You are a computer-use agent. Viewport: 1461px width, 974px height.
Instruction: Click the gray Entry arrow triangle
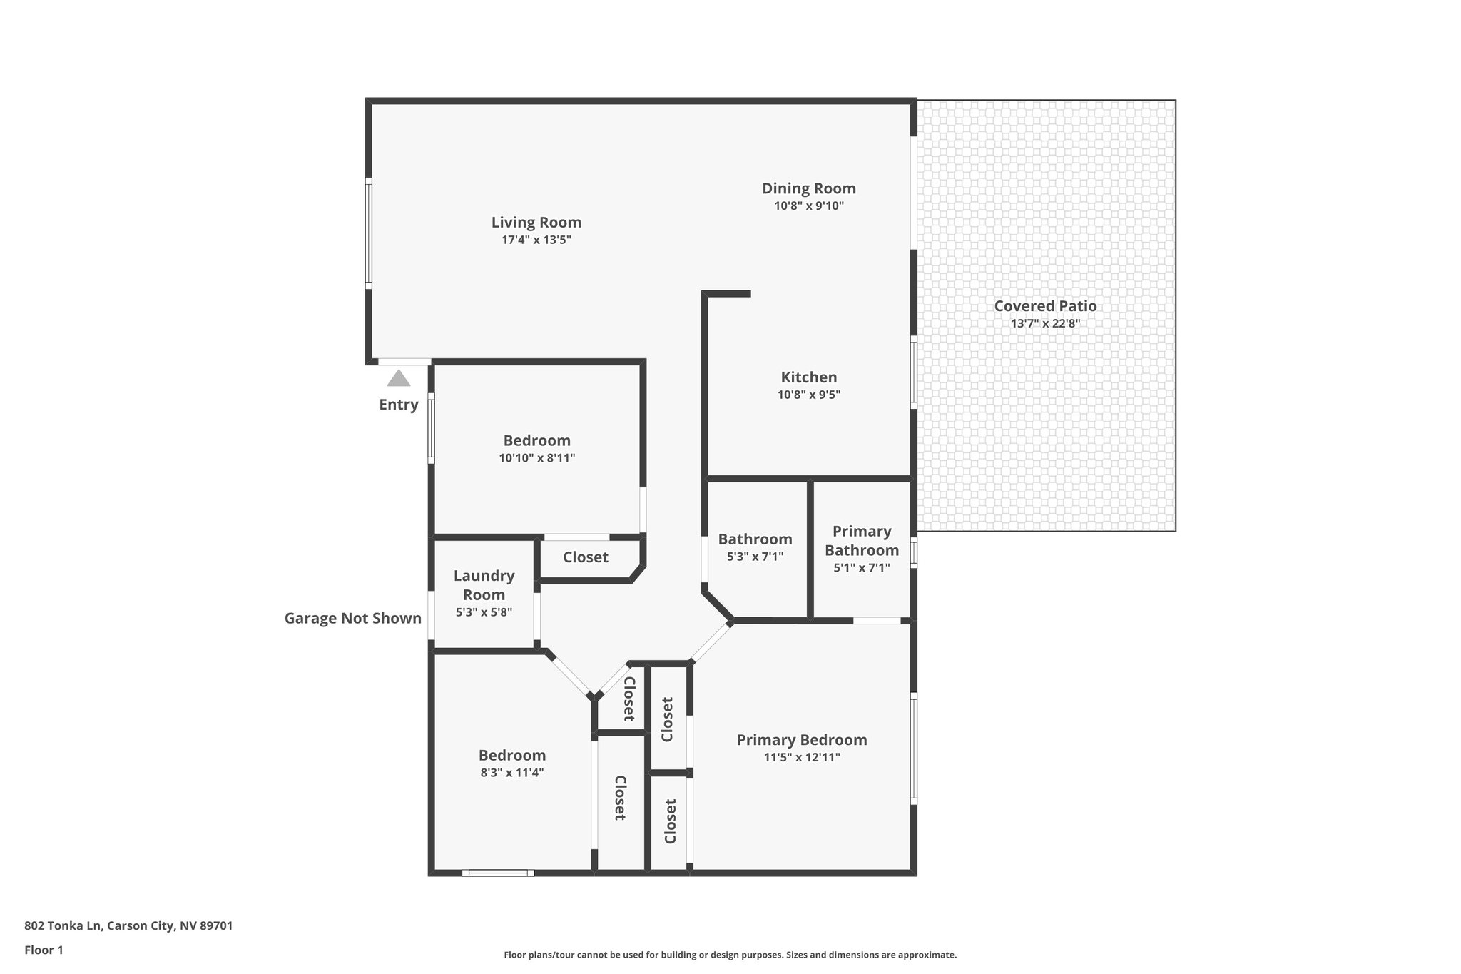(399, 378)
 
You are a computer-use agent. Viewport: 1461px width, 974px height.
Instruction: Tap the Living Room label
(536, 222)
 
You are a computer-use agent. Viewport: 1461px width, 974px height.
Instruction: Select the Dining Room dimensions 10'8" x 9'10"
(809, 206)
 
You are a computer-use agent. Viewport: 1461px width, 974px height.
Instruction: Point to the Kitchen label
(809, 377)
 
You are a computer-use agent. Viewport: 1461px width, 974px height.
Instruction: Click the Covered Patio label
(1045, 305)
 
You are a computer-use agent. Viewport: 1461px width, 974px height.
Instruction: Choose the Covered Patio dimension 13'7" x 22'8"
(1045, 323)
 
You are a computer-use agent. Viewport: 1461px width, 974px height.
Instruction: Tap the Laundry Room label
(484, 584)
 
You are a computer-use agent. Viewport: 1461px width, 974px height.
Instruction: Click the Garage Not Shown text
(353, 618)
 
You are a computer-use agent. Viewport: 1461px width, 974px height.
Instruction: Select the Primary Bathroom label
(862, 540)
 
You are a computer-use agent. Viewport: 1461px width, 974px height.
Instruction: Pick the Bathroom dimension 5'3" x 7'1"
(755, 557)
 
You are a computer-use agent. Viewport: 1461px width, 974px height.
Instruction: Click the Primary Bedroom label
(802, 739)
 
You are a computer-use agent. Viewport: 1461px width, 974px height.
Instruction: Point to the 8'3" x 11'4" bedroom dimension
(512, 772)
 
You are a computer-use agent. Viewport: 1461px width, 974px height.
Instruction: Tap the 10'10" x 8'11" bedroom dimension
(536, 458)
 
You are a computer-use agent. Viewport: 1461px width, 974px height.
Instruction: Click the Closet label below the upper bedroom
(586, 557)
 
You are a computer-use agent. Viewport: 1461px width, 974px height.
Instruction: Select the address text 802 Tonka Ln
(128, 925)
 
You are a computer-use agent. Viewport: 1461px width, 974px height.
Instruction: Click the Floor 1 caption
(44, 950)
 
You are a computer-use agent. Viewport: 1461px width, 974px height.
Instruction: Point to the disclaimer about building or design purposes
(730, 955)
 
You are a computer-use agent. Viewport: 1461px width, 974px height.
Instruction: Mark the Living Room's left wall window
(369, 233)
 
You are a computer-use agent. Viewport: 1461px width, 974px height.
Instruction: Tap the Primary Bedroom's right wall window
(914, 747)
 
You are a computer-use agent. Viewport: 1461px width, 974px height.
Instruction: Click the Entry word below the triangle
(399, 405)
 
